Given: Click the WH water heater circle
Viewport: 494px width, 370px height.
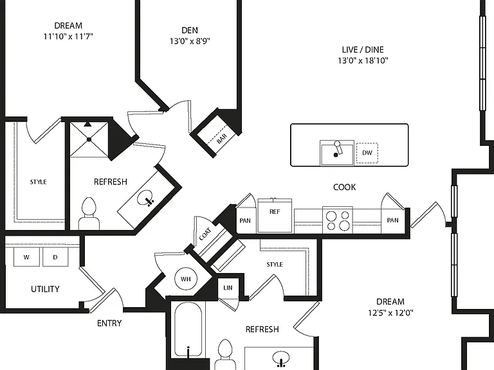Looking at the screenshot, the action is [185, 279].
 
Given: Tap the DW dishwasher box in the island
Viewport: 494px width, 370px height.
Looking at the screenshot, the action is [367, 153].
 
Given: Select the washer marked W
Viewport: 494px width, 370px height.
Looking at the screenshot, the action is [26, 257].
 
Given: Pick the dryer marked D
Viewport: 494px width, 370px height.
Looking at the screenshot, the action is [55, 257].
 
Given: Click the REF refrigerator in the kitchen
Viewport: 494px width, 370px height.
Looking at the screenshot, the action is [275, 216].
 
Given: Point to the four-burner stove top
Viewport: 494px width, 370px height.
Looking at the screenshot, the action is [338, 220].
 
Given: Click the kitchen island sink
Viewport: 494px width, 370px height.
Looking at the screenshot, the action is [337, 153].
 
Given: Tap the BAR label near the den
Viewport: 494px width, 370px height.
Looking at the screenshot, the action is [222, 139].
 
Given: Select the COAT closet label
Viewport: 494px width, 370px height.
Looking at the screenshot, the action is [205, 234].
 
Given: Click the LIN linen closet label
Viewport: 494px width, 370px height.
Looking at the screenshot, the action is [228, 288].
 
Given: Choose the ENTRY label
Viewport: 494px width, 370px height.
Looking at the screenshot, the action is [109, 323].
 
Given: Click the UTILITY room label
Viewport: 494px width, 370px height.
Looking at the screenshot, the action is [45, 289].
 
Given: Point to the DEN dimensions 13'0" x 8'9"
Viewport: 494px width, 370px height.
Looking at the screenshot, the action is [190, 41].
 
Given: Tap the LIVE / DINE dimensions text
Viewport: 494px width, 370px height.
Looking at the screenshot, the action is [363, 60].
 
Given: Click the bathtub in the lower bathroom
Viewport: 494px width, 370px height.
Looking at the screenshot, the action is [188, 330].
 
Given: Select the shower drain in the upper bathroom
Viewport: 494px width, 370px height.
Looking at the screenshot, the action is [89, 139].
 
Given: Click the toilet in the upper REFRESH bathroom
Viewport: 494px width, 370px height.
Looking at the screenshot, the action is [89, 214].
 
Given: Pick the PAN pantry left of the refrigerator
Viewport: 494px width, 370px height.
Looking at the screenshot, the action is [245, 220].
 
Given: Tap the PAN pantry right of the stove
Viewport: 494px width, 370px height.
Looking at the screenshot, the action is [392, 220].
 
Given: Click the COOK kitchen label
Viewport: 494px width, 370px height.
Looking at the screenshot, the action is [344, 187].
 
